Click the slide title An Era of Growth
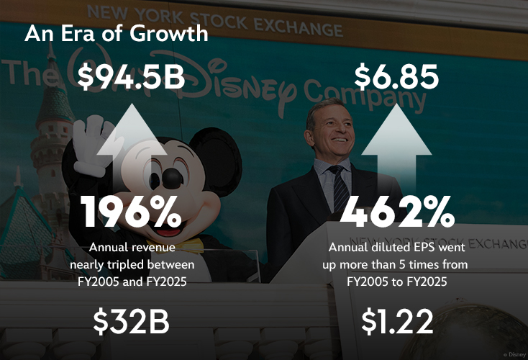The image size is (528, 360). pyautogui.click(x=117, y=34)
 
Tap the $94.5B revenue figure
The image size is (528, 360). pyautogui.click(x=132, y=77)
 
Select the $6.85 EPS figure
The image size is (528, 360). pyautogui.click(x=396, y=77)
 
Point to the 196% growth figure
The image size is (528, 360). pyautogui.click(x=132, y=212)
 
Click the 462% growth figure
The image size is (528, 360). pyautogui.click(x=397, y=212)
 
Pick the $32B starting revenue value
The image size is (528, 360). pyautogui.click(x=131, y=322)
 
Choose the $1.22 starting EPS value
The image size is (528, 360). pyautogui.click(x=397, y=322)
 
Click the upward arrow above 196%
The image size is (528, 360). pyautogui.click(x=132, y=137)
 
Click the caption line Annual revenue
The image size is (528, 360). pyautogui.click(x=132, y=248)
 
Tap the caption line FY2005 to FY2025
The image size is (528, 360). pyautogui.click(x=397, y=282)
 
